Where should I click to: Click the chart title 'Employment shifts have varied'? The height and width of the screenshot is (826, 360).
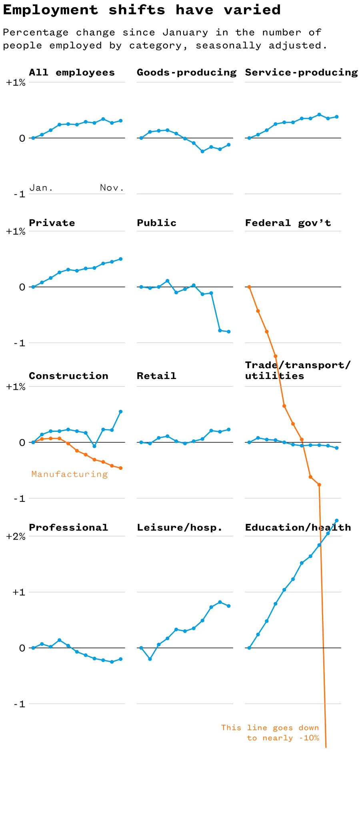point(142,10)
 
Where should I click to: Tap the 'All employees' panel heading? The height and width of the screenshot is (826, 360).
point(72,72)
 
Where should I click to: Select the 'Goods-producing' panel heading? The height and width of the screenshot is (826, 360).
point(186,72)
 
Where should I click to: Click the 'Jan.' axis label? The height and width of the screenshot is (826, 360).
point(41,188)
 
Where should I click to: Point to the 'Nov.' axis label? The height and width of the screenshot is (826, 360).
point(112,188)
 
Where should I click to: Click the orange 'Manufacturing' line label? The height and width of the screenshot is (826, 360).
point(70,474)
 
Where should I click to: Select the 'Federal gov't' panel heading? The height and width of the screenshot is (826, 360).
point(288,223)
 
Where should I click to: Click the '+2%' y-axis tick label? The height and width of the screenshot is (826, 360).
point(16,536)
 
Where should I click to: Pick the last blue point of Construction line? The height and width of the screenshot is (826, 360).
point(120,411)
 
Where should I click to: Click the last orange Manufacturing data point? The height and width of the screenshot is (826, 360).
point(120,468)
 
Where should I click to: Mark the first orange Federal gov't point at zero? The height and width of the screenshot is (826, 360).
point(249,287)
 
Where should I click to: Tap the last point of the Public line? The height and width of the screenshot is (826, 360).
point(228,331)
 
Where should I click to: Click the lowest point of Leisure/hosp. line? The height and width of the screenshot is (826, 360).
point(150,659)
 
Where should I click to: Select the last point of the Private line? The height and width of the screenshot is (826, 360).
point(120,259)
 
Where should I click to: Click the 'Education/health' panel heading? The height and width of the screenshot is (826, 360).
point(298,527)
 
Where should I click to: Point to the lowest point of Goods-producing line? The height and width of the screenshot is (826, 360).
point(202,152)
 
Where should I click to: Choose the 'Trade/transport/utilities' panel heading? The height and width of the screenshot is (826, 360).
point(297,370)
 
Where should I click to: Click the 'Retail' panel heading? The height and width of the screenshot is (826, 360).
point(156,376)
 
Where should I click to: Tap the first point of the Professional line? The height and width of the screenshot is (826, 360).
point(33,648)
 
